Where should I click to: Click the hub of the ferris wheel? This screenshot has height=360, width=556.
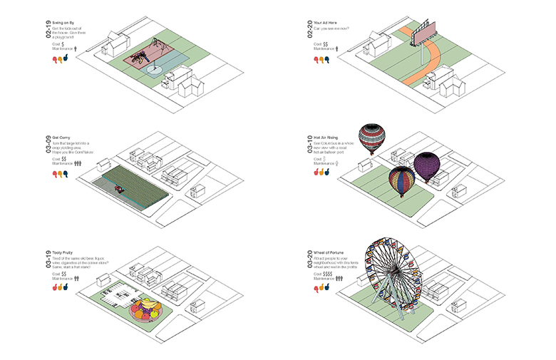392,274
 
